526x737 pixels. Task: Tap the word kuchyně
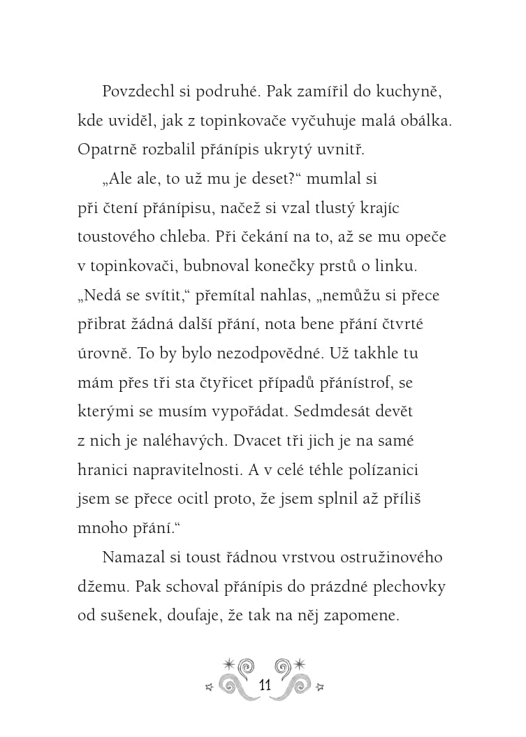(x=404, y=92)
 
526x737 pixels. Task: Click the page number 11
(x=263, y=685)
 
